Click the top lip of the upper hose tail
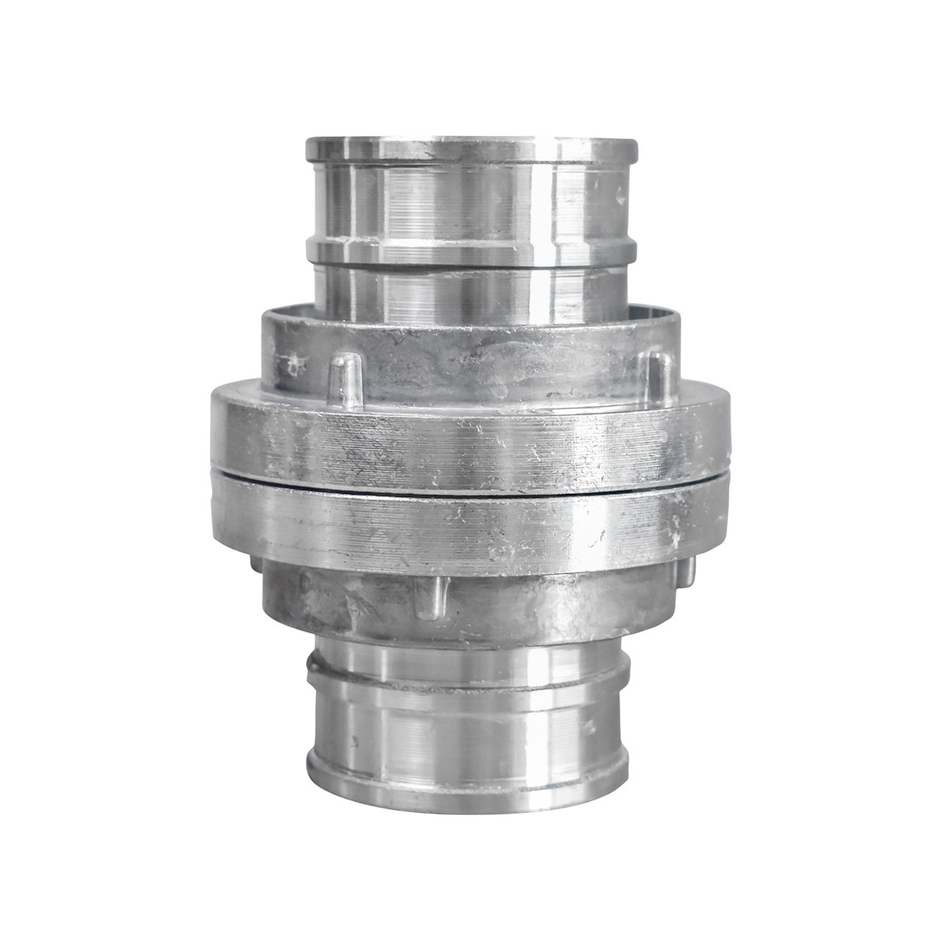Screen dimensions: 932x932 tap(471, 148)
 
